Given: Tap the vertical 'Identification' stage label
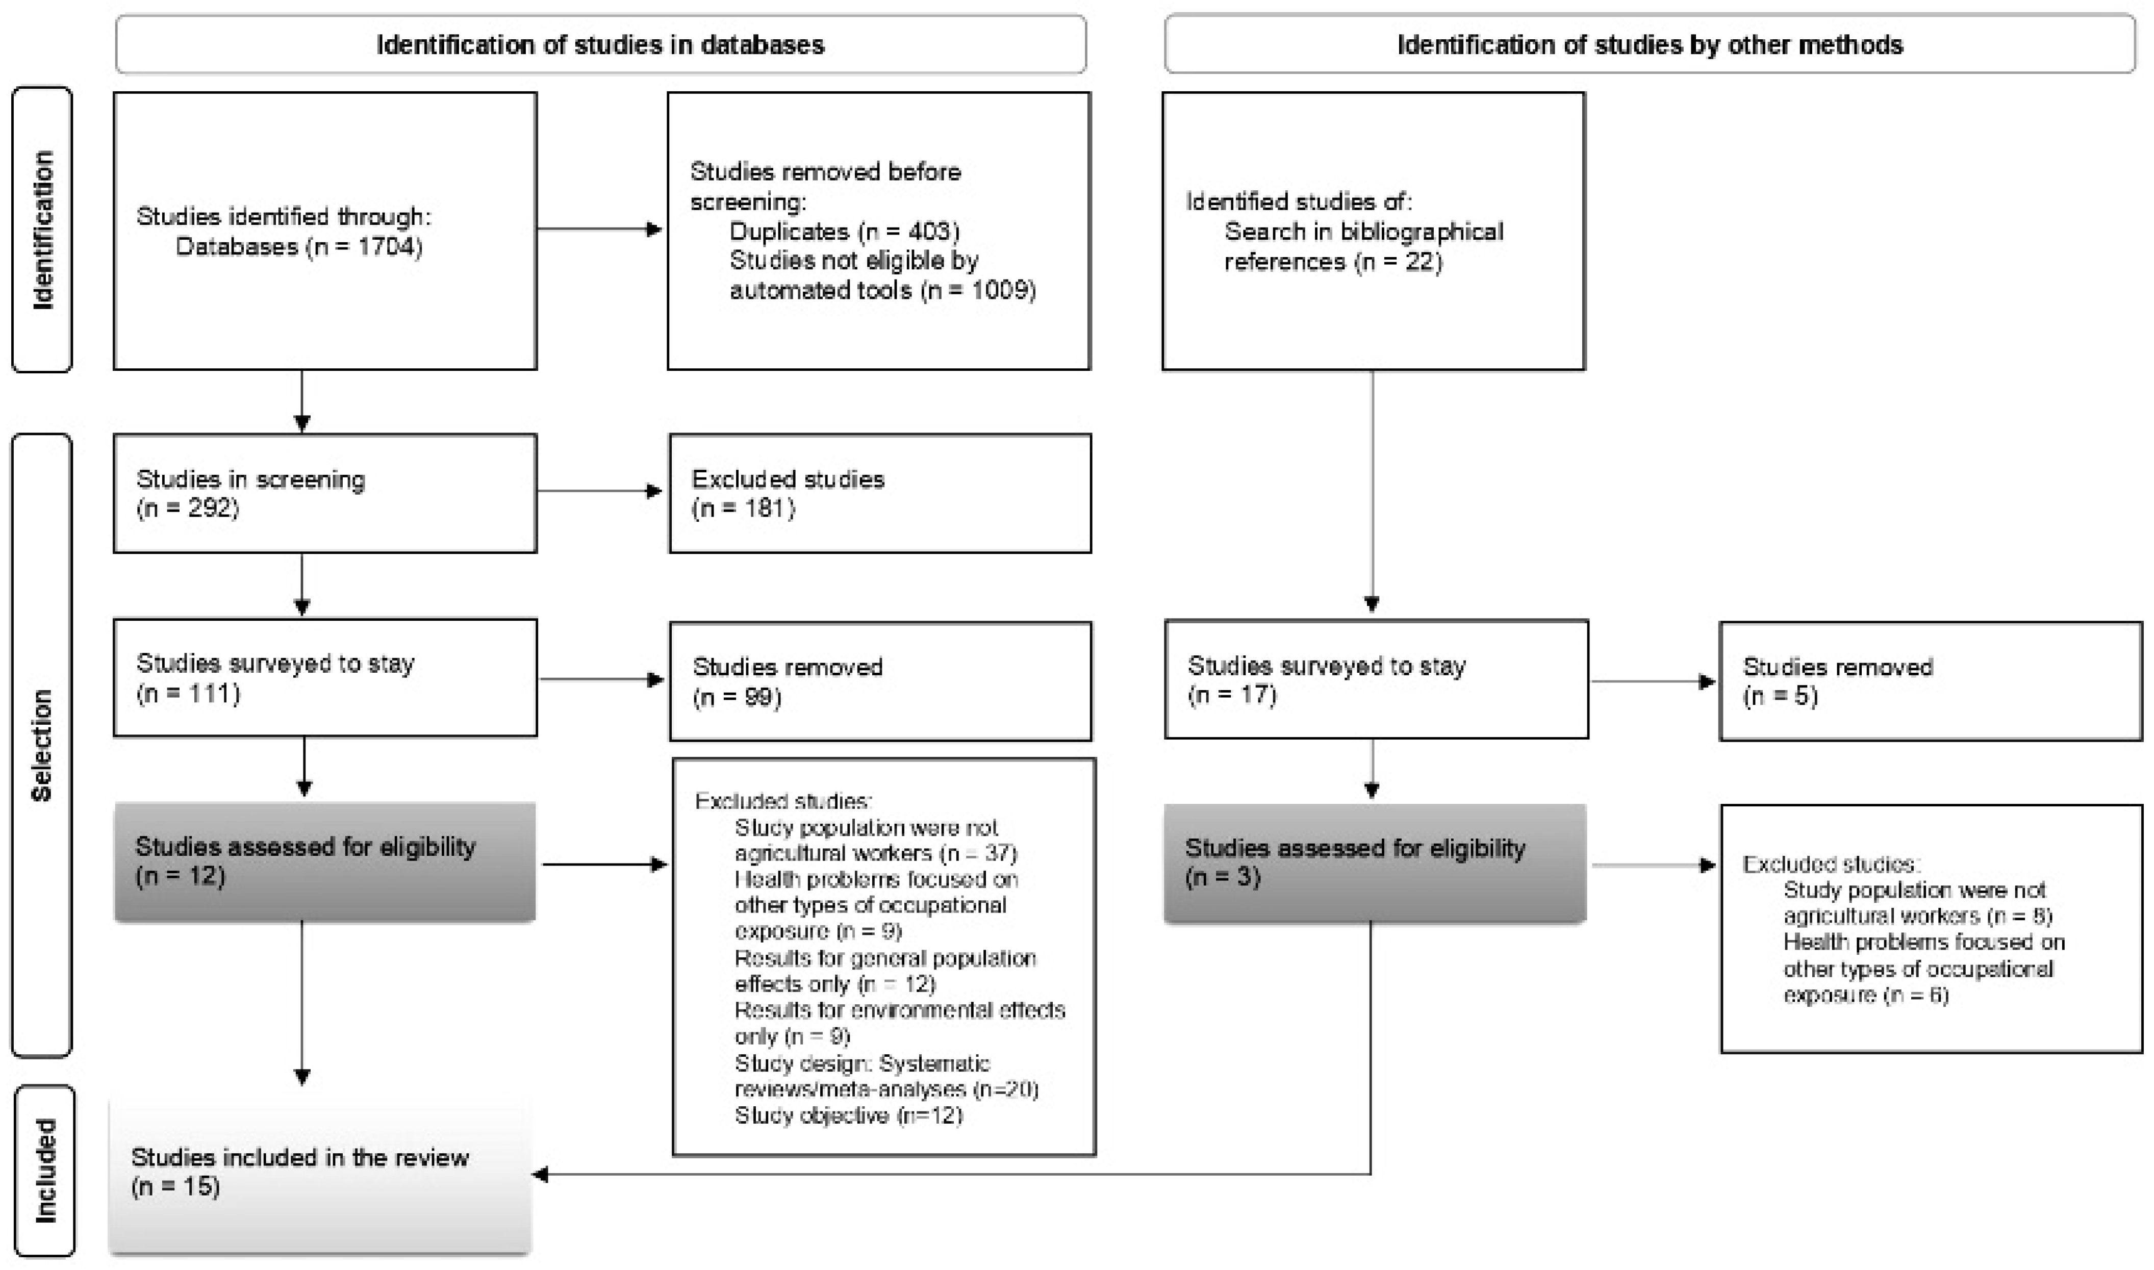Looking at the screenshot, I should (x=42, y=230).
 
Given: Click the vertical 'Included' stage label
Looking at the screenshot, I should (x=44, y=1171).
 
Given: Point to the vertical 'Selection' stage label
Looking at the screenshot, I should (x=42, y=745).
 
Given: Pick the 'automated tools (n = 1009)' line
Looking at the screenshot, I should (x=882, y=291).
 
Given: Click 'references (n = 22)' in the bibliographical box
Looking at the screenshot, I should (x=1332, y=262).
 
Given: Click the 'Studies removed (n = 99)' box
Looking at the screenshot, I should (x=880, y=681).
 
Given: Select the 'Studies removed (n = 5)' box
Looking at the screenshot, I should (x=1930, y=681).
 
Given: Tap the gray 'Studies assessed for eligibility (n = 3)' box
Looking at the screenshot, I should (x=1375, y=862).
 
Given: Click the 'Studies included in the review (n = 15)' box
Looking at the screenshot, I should (x=320, y=1173).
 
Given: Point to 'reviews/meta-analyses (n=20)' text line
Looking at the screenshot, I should (x=886, y=1089).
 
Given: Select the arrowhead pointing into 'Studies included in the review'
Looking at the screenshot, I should (x=541, y=1175).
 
